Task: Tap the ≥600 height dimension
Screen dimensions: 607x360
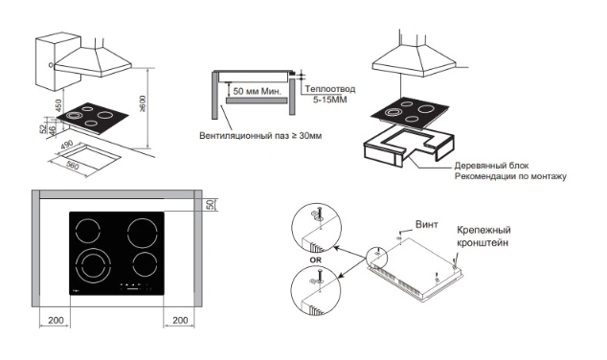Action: click(x=143, y=104)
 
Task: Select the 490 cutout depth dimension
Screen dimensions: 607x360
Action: click(x=67, y=145)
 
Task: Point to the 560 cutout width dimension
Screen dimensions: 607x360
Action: click(x=73, y=166)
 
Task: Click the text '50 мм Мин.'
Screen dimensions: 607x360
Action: click(x=257, y=91)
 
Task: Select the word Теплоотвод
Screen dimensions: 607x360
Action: click(x=329, y=89)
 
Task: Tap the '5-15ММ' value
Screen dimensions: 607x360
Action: click(x=329, y=100)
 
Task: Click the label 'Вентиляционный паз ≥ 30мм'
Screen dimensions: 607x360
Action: click(x=260, y=136)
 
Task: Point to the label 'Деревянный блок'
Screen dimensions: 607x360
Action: click(x=491, y=166)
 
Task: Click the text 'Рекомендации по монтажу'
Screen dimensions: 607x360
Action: click(x=510, y=176)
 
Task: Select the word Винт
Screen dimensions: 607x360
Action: click(x=427, y=224)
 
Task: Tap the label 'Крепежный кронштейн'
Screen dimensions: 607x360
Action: click(x=483, y=236)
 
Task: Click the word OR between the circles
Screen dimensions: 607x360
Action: click(x=316, y=260)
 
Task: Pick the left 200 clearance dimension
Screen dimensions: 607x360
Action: click(x=56, y=320)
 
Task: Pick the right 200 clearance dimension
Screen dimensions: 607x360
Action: click(x=180, y=320)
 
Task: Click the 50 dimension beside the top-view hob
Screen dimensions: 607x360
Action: click(x=211, y=204)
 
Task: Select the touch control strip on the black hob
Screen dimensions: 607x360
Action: click(x=135, y=287)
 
